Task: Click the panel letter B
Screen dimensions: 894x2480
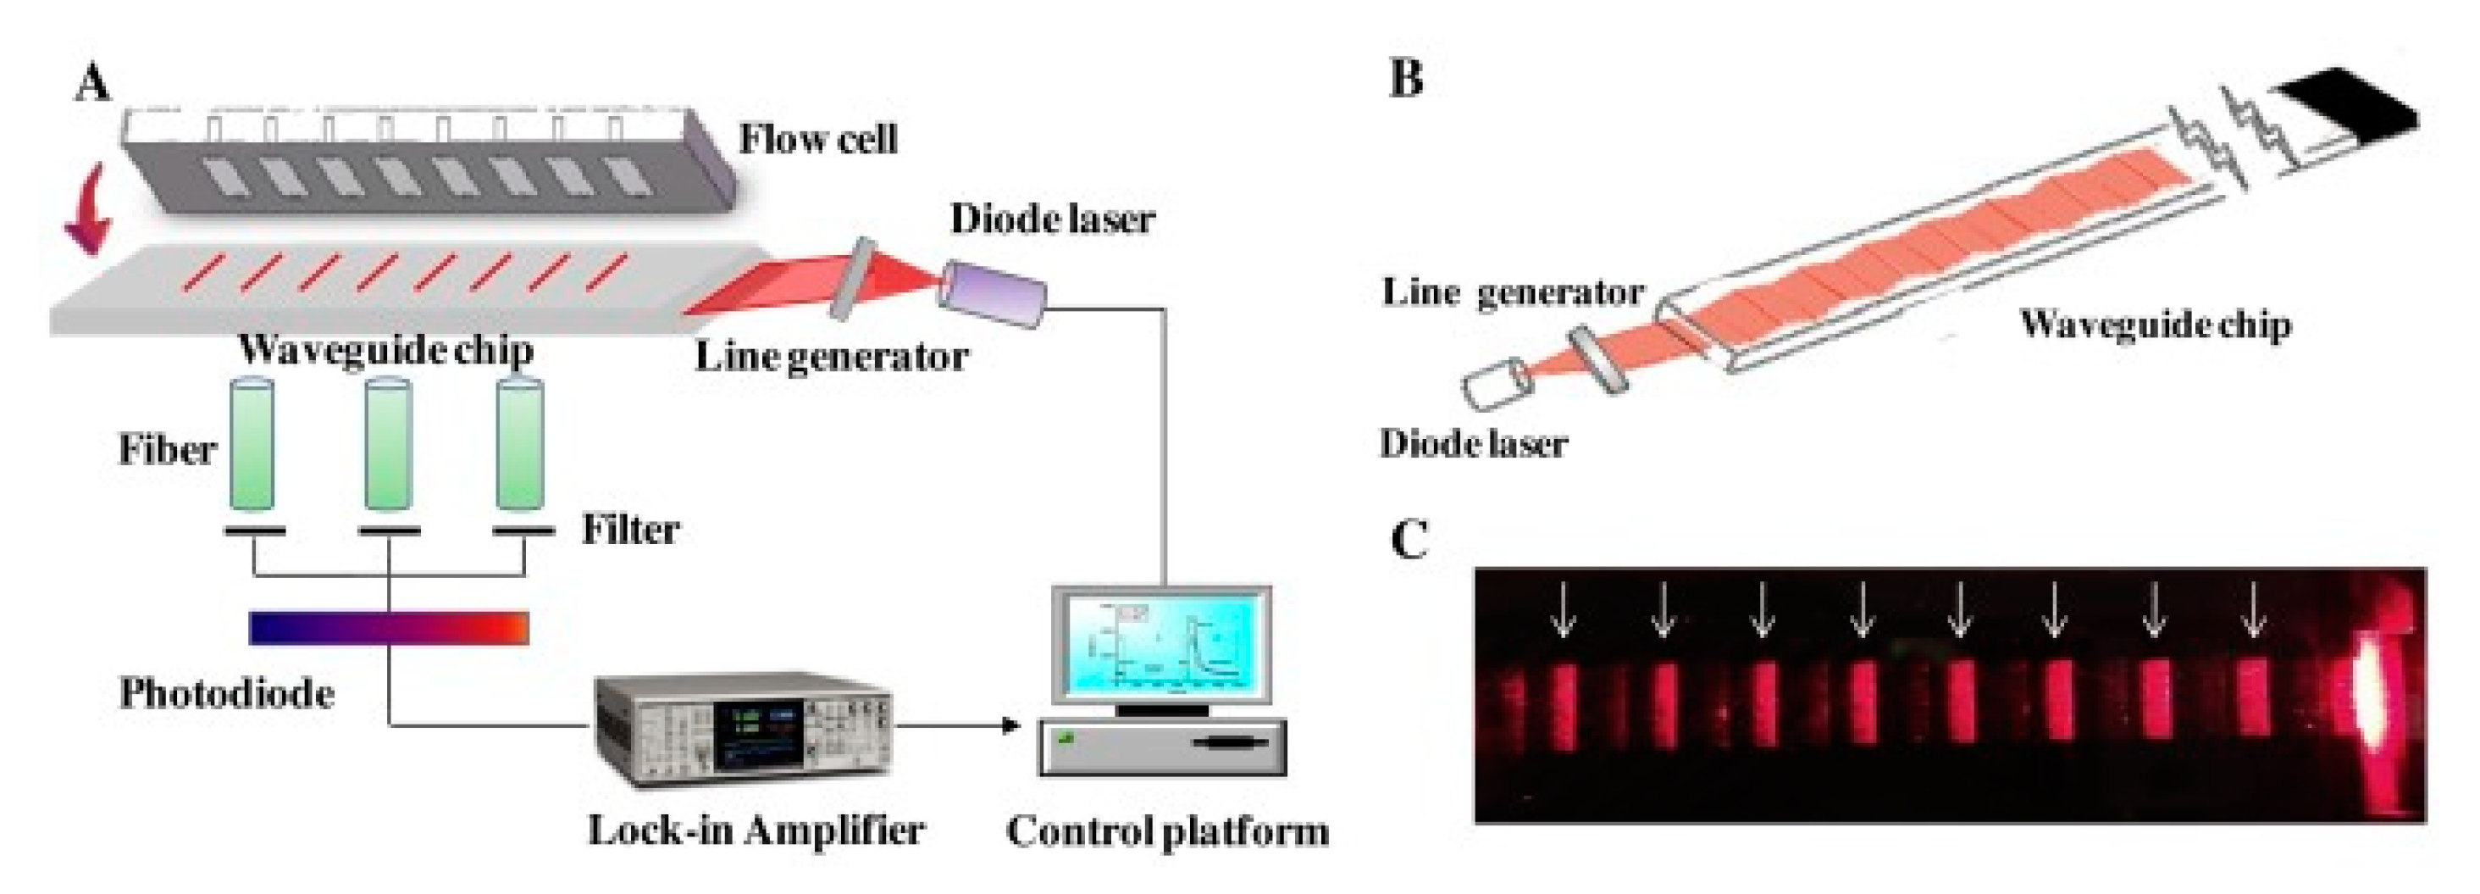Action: (1407, 77)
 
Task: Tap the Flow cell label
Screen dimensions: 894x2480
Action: (817, 140)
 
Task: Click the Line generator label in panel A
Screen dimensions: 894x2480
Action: (831, 358)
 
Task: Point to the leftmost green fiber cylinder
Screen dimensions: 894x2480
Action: (252, 445)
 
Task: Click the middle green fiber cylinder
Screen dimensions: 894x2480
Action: (388, 445)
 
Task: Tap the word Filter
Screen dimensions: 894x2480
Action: (631, 530)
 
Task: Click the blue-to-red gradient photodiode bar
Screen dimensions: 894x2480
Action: (388, 627)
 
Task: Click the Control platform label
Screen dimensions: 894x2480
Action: (1167, 830)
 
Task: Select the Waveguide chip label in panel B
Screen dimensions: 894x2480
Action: (2155, 324)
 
